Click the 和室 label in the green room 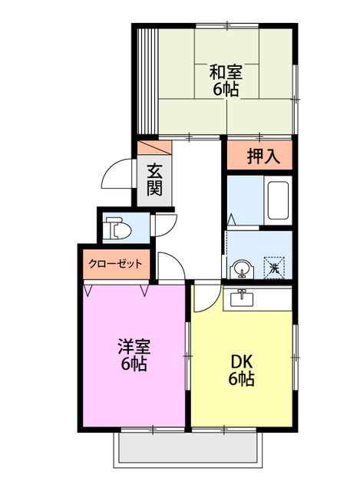coord(226,72)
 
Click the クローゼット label coord(115,263)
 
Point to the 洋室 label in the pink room coord(134,345)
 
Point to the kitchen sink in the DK coord(241,297)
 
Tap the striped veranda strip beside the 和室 coord(147,80)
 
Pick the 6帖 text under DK coord(241,379)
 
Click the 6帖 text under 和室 coord(226,90)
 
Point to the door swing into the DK coord(203,298)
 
